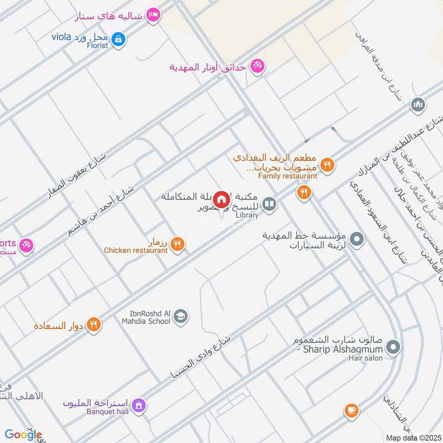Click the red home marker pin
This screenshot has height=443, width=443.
tap(221, 199)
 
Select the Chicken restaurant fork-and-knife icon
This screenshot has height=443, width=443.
tap(177, 244)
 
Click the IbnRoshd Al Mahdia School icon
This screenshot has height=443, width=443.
tap(181, 317)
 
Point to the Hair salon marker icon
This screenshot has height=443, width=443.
tap(393, 348)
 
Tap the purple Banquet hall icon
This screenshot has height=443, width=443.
tap(138, 405)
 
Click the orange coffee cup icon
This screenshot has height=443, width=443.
tap(351, 410)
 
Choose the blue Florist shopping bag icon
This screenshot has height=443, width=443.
tap(118, 39)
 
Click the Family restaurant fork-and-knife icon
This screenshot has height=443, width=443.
tap(327, 164)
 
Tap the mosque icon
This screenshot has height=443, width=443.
tap(418, 104)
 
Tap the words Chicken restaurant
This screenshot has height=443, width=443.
tap(136, 250)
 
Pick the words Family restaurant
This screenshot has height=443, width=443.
tap(287, 176)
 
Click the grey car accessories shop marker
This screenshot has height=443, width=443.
tap(357, 240)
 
